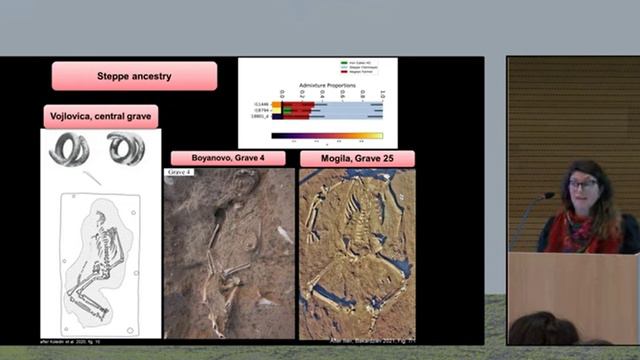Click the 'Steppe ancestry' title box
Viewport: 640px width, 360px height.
point(135,76)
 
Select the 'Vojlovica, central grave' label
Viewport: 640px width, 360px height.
point(101,117)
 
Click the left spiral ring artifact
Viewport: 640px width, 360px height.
point(70,149)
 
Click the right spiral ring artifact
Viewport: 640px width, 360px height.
point(126,149)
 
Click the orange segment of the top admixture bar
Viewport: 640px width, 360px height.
point(277,103)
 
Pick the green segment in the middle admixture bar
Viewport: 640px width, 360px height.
point(287,110)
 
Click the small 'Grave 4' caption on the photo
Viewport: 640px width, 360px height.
point(179,172)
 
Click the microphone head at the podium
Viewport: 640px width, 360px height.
point(549,196)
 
